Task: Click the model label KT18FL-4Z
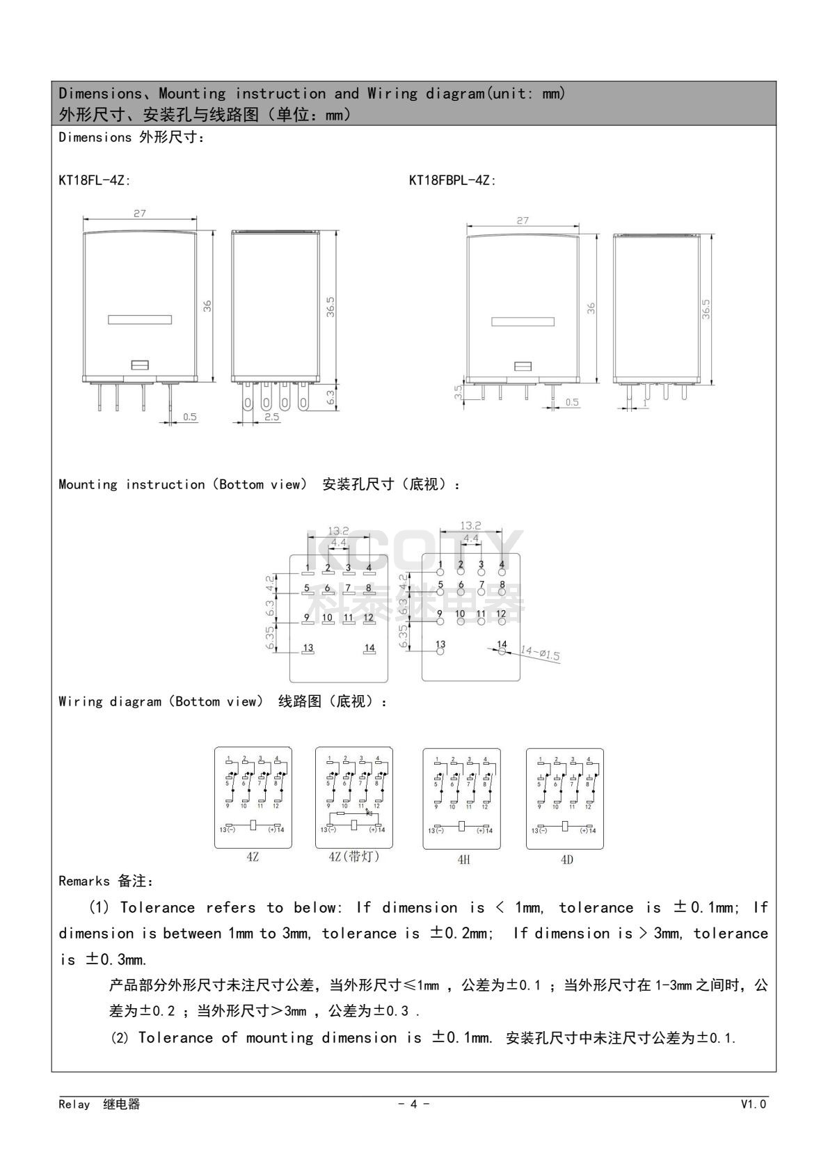[x=95, y=180]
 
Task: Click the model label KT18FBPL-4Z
[x=452, y=180]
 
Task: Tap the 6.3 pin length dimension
[x=331, y=397]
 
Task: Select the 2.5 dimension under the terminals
[x=272, y=417]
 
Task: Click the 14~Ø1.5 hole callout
[x=540, y=654]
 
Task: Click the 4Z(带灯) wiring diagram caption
[x=354, y=857]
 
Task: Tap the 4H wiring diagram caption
[x=463, y=859]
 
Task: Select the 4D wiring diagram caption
[x=566, y=859]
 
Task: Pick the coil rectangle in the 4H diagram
[x=461, y=826]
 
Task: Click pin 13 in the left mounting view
[x=308, y=649]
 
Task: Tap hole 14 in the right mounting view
[x=502, y=650]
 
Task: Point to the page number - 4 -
[x=413, y=1104]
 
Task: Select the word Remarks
[x=84, y=882]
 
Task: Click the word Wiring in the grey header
[x=389, y=93]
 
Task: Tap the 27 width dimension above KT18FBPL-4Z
[x=523, y=221]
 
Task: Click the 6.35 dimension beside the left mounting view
[x=271, y=637]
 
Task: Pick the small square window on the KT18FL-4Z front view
[x=140, y=364]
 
